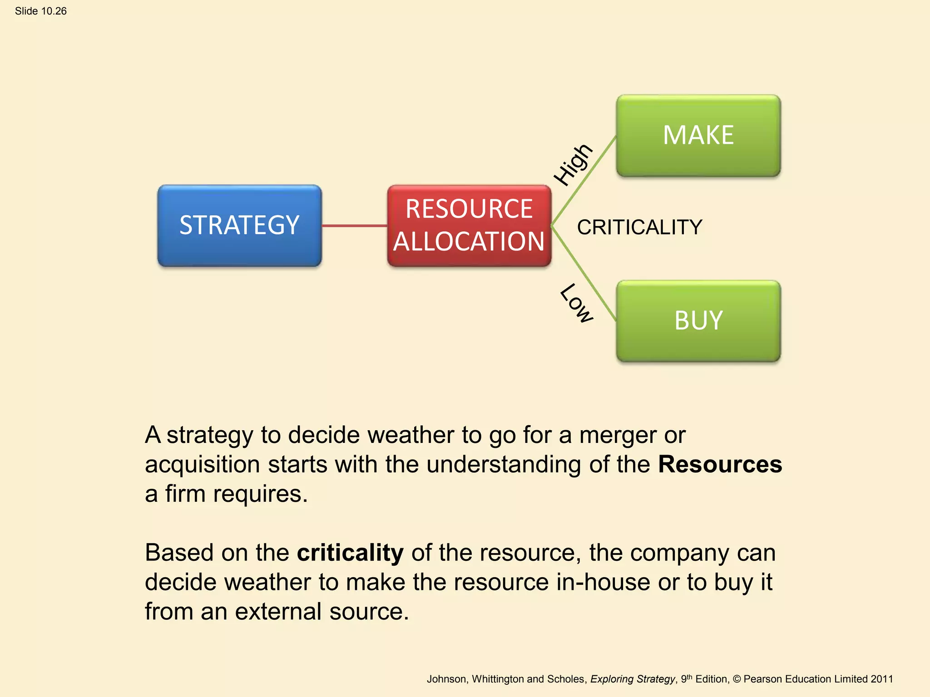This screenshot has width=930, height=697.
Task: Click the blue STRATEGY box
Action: tap(239, 226)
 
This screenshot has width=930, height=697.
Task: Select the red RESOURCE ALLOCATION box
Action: tap(469, 226)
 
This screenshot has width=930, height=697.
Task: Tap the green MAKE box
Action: tap(698, 135)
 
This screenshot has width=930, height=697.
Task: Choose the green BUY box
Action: tap(698, 321)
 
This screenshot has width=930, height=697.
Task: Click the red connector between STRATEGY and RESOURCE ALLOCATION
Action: tap(354, 226)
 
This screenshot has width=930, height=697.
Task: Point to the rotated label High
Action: tap(573, 164)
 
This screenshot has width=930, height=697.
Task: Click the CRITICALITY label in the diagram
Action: tap(639, 227)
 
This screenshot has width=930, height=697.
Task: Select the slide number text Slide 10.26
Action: tap(41, 11)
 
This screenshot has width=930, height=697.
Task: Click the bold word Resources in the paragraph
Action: tap(720, 464)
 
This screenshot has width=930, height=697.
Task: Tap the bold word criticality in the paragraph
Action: tap(350, 553)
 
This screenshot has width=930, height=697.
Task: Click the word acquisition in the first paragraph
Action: tap(203, 465)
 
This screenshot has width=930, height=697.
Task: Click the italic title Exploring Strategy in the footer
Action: tap(632, 679)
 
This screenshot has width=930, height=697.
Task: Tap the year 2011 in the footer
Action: tap(881, 679)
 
